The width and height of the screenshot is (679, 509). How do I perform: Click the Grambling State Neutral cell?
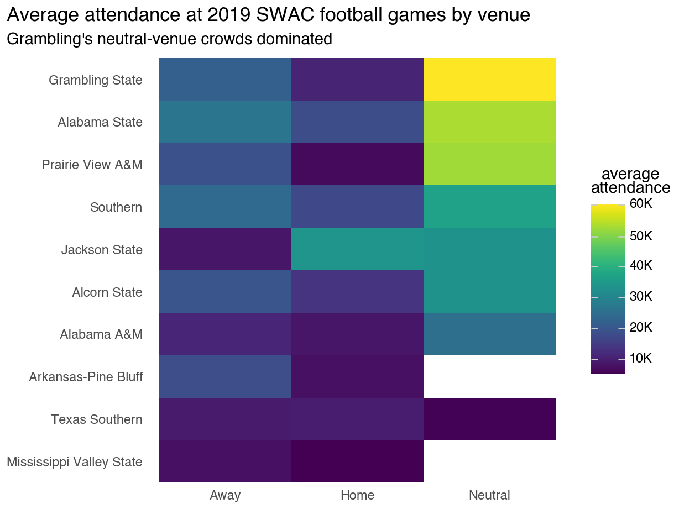[x=489, y=80]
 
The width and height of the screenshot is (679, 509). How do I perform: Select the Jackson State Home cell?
[x=357, y=249]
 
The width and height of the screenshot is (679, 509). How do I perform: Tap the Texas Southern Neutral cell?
[x=489, y=419]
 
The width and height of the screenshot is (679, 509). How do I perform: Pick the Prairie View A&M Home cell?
[x=357, y=165]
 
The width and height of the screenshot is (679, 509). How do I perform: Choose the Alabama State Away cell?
[x=225, y=122]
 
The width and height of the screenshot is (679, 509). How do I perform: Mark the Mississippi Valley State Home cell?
[x=357, y=461]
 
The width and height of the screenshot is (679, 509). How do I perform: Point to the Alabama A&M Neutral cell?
[x=489, y=334]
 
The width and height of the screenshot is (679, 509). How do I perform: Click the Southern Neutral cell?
[x=489, y=207]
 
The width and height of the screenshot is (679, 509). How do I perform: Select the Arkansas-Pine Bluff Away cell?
[x=225, y=377]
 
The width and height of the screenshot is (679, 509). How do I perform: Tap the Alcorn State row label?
[x=107, y=292]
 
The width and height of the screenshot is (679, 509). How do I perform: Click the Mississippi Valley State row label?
[x=75, y=462]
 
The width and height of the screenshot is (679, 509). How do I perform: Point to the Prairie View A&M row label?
[x=92, y=165]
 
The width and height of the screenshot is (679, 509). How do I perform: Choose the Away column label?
[x=225, y=495]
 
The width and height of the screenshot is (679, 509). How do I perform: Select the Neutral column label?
[x=489, y=495]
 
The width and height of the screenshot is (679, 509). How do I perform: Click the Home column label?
[x=357, y=495]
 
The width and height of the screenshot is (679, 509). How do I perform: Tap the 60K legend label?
[x=641, y=204]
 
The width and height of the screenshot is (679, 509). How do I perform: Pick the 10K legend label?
[x=641, y=359]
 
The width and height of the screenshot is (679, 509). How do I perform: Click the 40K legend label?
[x=641, y=266]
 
